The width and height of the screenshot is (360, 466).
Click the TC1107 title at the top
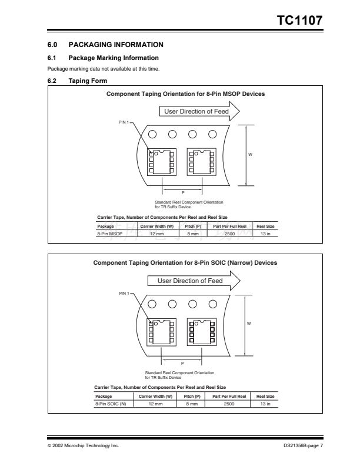[299, 21]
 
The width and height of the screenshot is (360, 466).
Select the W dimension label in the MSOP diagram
[250, 155]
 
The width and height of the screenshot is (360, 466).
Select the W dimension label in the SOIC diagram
[250, 323]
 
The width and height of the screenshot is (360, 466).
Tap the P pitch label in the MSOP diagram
[182, 193]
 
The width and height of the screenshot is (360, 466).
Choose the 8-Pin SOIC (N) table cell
[110, 403]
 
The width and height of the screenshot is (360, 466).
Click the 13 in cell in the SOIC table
[265, 403]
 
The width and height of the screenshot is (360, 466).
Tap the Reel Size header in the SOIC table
[265, 396]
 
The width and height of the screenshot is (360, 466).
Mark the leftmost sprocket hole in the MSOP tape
[152, 134]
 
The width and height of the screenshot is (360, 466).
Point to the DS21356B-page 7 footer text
[299, 446]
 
